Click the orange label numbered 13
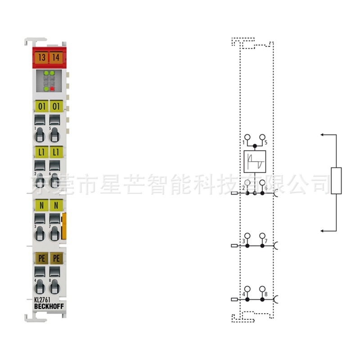(42, 58)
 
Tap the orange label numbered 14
(56, 58)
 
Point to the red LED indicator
(53, 89)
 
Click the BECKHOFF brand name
(49, 307)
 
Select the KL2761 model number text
(42, 300)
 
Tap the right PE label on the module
(56, 258)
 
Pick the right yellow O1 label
(56, 107)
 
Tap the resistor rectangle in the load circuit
(336, 180)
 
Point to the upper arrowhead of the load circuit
(323, 134)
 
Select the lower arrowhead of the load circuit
(323, 231)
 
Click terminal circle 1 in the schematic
(247, 137)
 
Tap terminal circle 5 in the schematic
(262, 137)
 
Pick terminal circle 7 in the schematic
(262, 236)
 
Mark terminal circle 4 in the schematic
(247, 289)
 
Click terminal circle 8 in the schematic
(262, 289)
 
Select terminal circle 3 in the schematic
(247, 236)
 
